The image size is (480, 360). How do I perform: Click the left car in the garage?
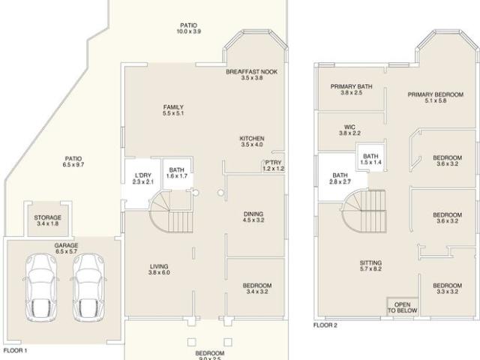(41, 287)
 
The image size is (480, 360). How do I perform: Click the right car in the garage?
(88, 287)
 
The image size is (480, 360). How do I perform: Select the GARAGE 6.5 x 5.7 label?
(66, 248)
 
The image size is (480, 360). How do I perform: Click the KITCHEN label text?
(252, 138)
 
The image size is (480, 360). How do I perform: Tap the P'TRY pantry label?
(273, 163)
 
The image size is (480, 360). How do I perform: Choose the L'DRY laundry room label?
(143, 175)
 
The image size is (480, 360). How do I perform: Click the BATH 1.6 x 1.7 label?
(177, 173)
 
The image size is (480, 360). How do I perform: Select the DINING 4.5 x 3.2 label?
(253, 217)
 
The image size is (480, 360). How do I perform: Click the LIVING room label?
(159, 266)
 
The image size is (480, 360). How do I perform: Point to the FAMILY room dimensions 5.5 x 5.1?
(173, 113)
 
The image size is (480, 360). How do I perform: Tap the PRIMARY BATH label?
(352, 87)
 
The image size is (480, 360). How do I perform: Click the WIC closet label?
(349, 127)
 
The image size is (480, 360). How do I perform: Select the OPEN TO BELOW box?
(402, 307)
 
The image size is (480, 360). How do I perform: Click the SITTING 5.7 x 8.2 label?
(370, 265)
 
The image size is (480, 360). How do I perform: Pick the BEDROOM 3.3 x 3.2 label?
(447, 288)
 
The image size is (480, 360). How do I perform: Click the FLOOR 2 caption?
(325, 325)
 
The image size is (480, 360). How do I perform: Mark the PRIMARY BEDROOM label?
(435, 94)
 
